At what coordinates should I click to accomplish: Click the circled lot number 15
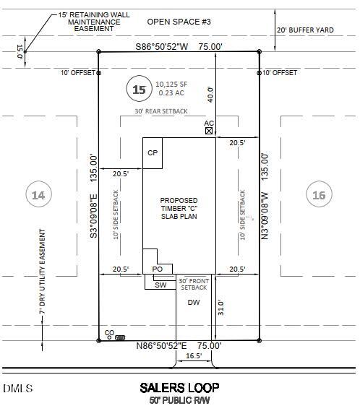(139, 90)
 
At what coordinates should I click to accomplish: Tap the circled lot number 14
(38, 195)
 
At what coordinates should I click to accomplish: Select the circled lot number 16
(319, 194)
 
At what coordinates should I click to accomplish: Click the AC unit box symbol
(209, 131)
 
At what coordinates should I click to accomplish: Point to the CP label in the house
(153, 152)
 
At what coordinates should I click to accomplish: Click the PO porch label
(158, 269)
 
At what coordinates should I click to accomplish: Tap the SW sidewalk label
(160, 285)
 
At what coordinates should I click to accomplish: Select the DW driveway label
(194, 302)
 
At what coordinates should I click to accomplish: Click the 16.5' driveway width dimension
(194, 355)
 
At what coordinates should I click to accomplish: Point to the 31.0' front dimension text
(220, 308)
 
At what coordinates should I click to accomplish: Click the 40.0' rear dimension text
(210, 95)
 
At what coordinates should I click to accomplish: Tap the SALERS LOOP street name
(179, 388)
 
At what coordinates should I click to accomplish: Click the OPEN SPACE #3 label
(179, 22)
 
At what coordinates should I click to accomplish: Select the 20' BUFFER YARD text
(305, 30)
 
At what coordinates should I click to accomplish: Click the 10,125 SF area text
(171, 84)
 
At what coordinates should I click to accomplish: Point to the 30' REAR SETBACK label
(161, 111)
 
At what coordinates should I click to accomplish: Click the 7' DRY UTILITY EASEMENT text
(42, 272)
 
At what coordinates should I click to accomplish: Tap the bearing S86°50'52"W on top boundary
(162, 47)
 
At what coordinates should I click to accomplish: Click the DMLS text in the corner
(18, 389)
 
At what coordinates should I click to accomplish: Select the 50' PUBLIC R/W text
(179, 400)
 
